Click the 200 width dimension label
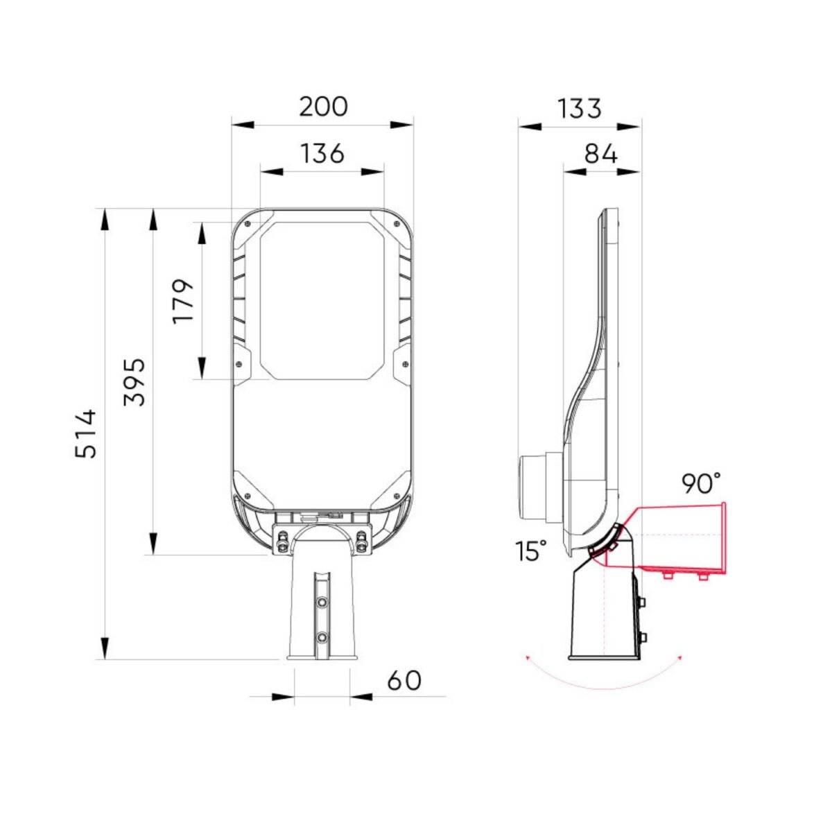coord(323,107)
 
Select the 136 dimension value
coord(322,153)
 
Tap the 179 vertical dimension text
coord(184,300)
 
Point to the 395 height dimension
coord(134,381)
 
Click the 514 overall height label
coord(87,433)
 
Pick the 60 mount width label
coord(404,680)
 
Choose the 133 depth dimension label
coord(580,109)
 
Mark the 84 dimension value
coord(600,154)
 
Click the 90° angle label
coord(701,483)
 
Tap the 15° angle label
coord(531,551)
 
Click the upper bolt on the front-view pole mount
coord(322,603)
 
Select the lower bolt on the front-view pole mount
coord(322,636)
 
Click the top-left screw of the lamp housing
coord(248,223)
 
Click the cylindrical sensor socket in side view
coord(532,487)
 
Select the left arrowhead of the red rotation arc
coord(528,657)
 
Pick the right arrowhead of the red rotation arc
coord(681,657)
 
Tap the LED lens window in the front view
coord(322,300)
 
